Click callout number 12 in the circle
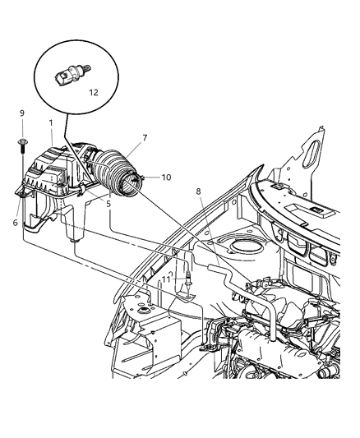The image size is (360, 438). click(x=94, y=93)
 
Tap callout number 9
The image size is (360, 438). click(x=22, y=113)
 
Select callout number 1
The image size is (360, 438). click(x=51, y=123)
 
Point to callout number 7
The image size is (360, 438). click(x=145, y=138)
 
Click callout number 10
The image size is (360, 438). click(x=166, y=178)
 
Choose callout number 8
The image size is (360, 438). click(x=199, y=191)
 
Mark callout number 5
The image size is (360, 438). click(x=108, y=204)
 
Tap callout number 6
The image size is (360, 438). click(x=16, y=223)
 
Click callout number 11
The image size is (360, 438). click(x=167, y=279)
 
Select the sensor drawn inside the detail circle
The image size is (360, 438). click(x=73, y=75)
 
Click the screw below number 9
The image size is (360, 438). click(x=21, y=145)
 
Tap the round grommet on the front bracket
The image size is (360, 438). click(x=145, y=310)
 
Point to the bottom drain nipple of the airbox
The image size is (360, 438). click(x=75, y=241)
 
